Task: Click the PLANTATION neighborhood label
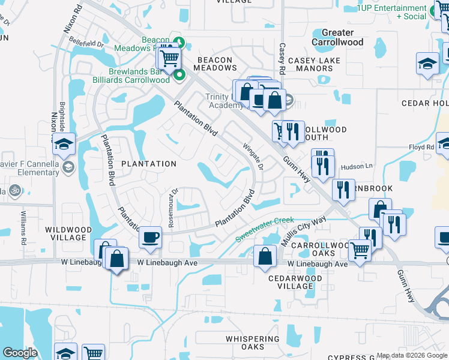149,164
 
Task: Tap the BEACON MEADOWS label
214,64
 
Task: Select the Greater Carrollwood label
337,37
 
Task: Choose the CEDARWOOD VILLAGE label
291,282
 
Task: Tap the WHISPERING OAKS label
253,343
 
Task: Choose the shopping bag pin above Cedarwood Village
265,256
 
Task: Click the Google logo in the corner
20,353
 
